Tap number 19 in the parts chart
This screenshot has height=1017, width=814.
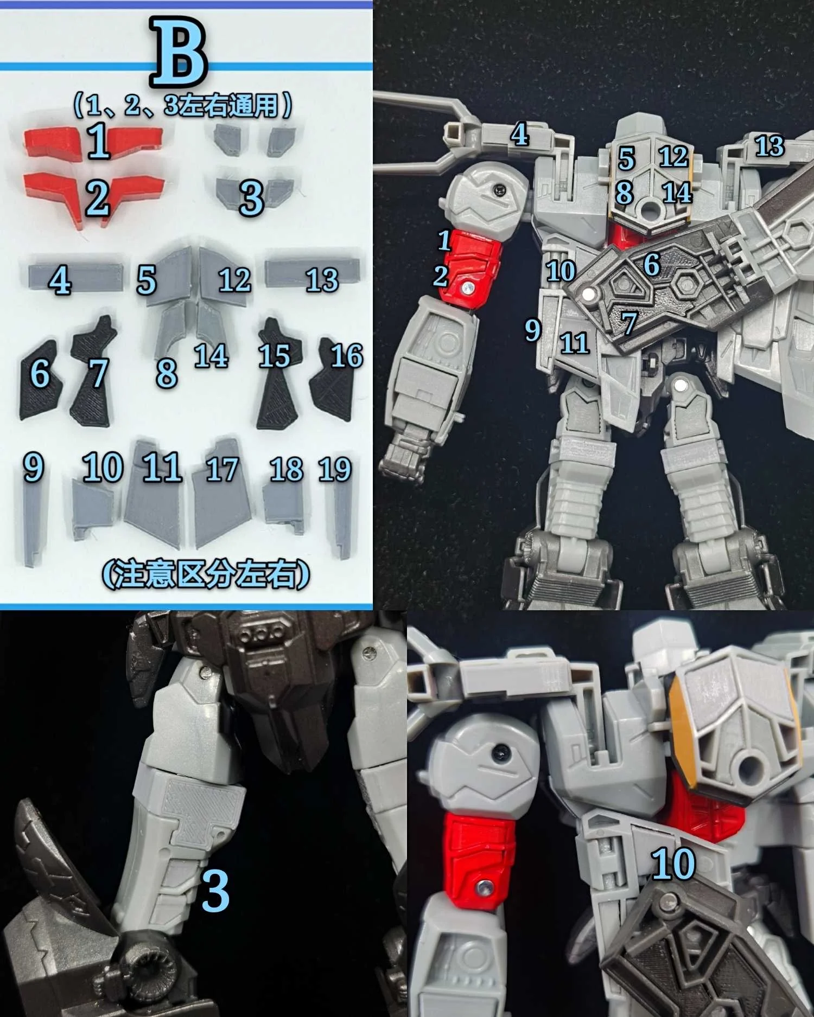point(335,469)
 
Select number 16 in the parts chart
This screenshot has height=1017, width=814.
point(347,356)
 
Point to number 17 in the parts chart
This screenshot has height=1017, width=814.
point(222,470)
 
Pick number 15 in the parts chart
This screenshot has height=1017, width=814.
point(274,356)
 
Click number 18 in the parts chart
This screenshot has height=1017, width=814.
point(287,470)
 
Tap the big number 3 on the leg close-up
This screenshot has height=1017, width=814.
point(215,891)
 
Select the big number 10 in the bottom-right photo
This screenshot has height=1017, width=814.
point(673,863)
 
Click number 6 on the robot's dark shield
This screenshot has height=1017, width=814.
point(651,265)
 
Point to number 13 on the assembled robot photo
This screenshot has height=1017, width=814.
point(770,146)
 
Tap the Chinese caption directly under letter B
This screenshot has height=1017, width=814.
point(183,105)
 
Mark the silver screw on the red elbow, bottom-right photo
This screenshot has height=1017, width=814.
point(481,888)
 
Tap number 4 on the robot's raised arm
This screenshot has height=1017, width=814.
point(519,135)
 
